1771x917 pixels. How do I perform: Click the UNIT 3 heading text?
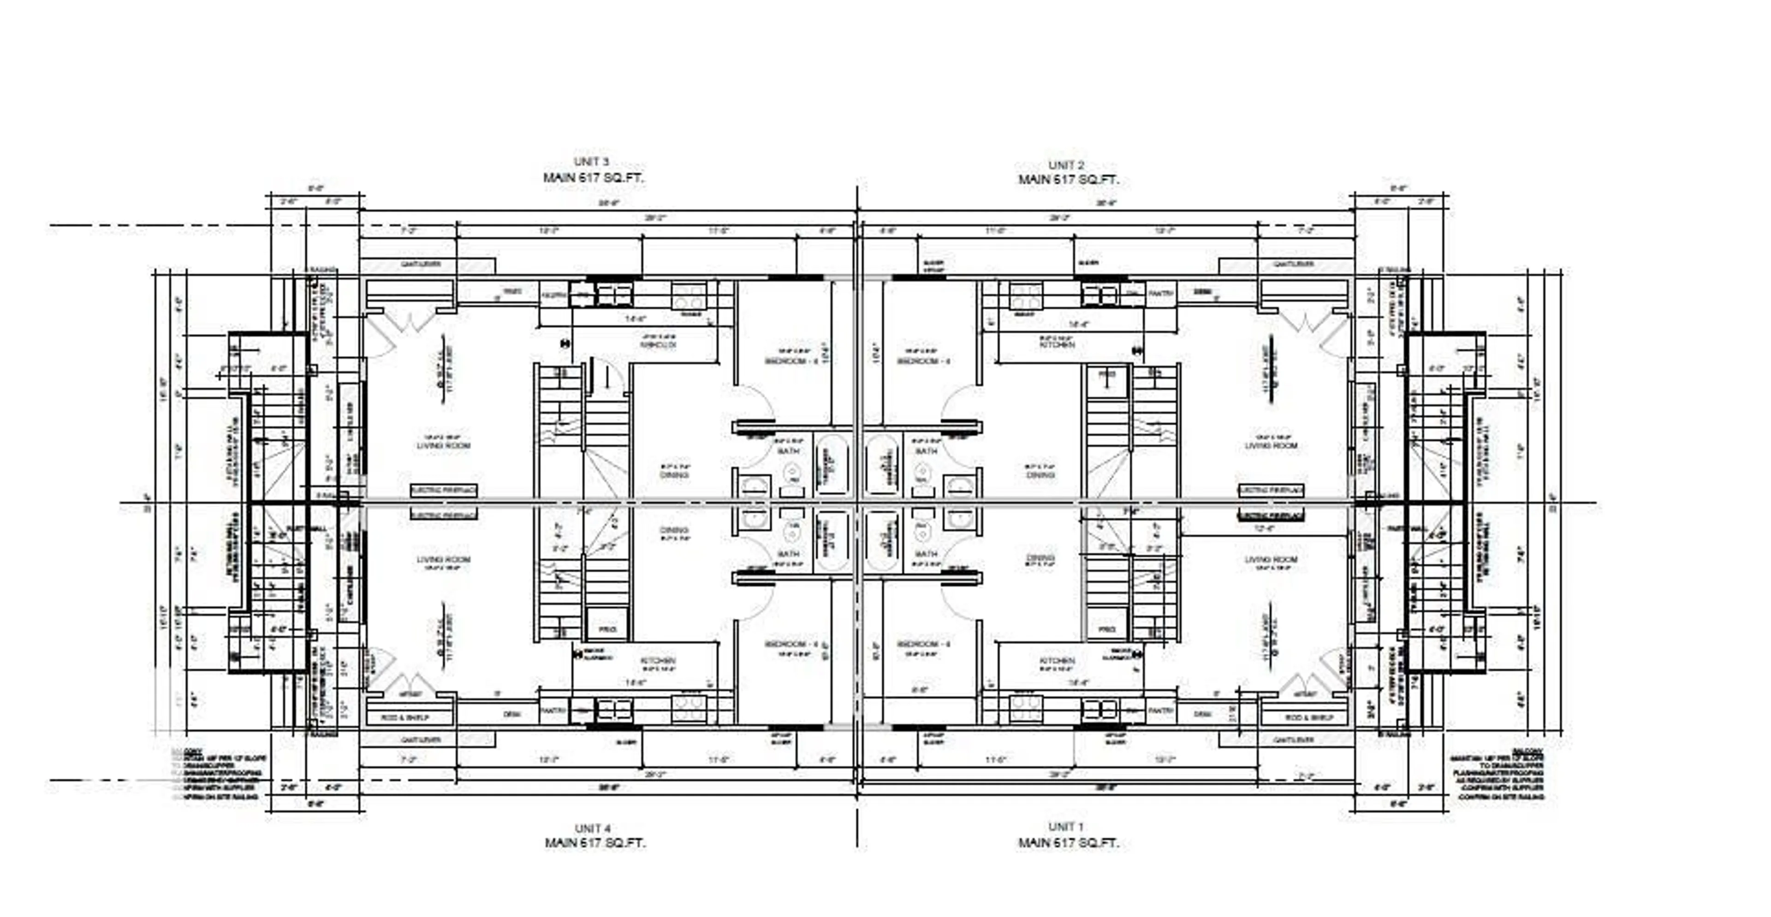click(591, 161)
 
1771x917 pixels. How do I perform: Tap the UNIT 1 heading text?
click(1066, 826)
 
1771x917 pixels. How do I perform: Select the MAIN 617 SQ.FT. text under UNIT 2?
click(1069, 180)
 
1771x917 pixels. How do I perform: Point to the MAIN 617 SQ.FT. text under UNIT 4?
click(595, 843)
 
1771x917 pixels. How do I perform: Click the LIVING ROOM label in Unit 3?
click(443, 446)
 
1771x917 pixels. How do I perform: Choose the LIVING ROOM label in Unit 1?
click(1271, 560)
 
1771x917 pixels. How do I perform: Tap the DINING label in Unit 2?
click(1040, 475)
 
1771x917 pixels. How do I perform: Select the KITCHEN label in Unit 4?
click(658, 661)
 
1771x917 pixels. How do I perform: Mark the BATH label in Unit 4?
click(789, 554)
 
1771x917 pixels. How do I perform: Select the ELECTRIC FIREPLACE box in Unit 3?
click(443, 491)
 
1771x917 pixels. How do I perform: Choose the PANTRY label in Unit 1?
click(1160, 711)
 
